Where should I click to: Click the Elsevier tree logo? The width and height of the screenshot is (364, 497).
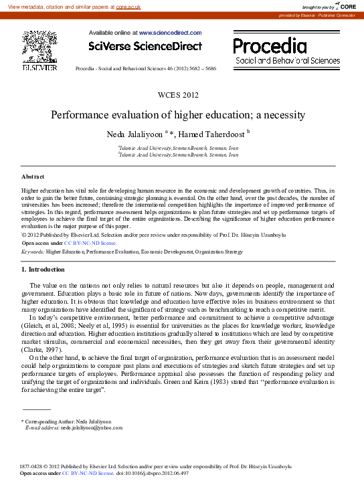(x=39, y=47)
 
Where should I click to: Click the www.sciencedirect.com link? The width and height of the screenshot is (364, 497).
(x=170, y=32)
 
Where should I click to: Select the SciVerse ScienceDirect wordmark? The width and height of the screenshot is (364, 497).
(x=145, y=45)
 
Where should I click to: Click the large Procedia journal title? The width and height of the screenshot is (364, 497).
(x=270, y=45)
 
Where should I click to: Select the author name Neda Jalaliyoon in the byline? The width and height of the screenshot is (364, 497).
(x=140, y=134)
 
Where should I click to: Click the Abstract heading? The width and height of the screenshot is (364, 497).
(x=33, y=177)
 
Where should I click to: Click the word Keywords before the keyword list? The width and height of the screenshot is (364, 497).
(x=33, y=252)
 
